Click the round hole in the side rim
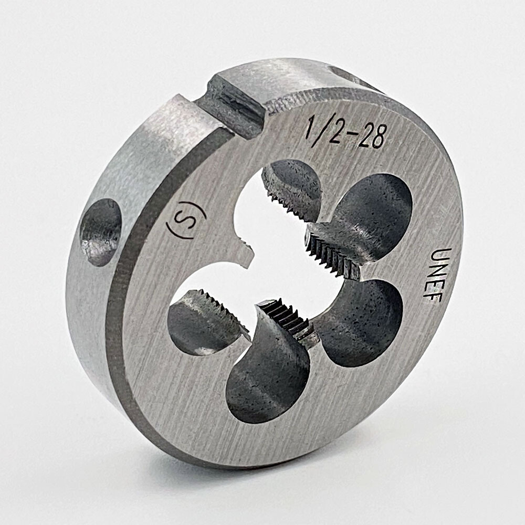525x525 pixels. coord(100,232)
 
